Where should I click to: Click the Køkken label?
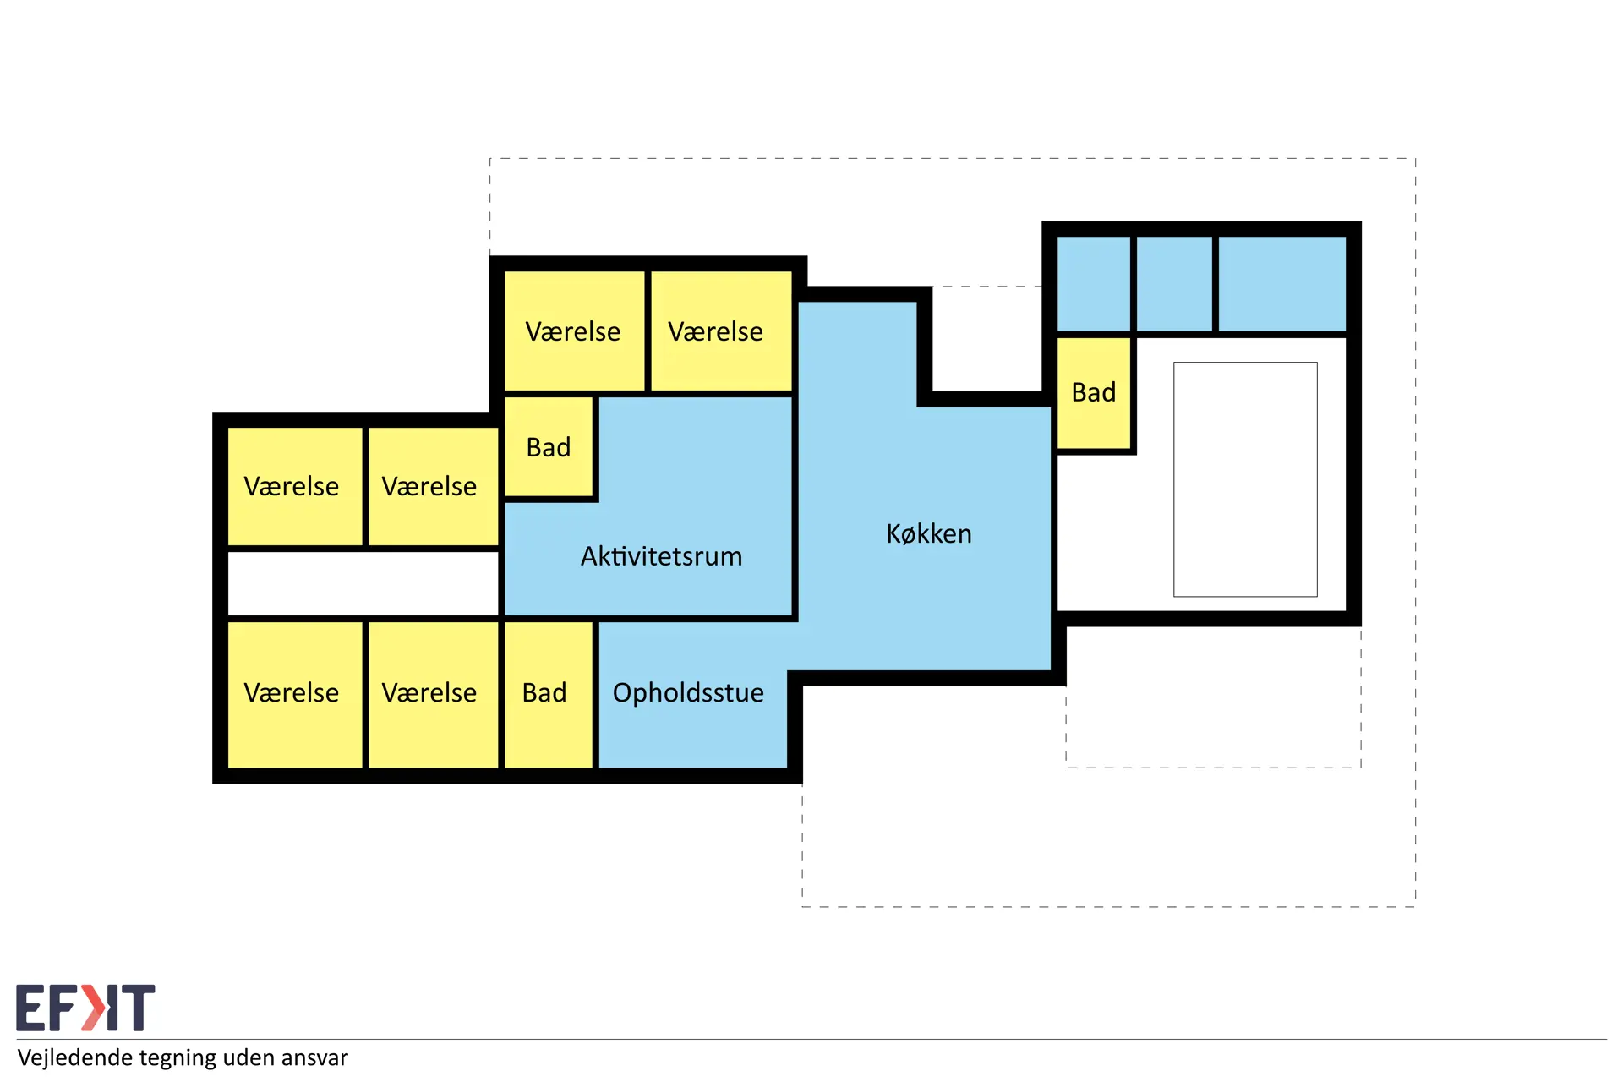(928, 533)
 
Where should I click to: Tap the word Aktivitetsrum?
(661, 556)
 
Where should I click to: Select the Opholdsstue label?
(688, 693)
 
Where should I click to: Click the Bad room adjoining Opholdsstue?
(549, 695)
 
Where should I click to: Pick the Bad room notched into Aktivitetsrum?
(549, 446)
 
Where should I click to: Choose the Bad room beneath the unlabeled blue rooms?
(1094, 393)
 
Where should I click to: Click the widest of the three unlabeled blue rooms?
(1282, 284)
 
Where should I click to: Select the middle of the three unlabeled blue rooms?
(1174, 284)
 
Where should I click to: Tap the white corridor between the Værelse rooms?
(363, 584)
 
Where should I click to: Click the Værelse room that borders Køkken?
(721, 331)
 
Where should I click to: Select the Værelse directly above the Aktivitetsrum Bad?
(574, 331)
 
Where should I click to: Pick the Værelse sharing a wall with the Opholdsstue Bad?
(433, 695)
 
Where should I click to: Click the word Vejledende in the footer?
(75, 1057)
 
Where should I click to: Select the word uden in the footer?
(254, 1057)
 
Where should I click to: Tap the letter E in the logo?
(30, 1008)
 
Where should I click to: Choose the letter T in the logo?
(138, 1008)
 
